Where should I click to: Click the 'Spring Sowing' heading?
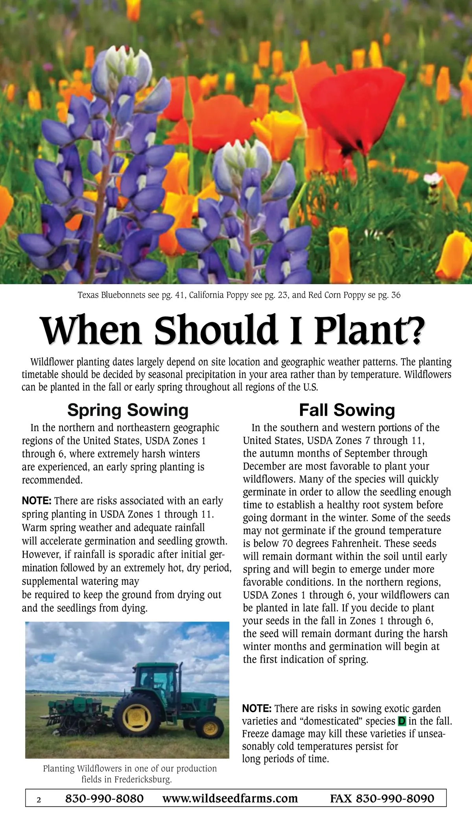point(128,410)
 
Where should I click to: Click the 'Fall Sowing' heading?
point(347,410)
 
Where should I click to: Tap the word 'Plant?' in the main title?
point(370,330)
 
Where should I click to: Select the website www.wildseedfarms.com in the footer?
point(230,798)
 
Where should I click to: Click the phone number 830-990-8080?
point(104,798)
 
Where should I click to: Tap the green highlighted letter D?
point(402,721)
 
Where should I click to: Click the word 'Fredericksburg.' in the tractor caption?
point(143,779)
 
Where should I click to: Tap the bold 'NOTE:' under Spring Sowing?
point(37,501)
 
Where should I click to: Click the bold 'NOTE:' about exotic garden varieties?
point(256,708)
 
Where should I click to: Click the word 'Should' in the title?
point(215,330)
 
